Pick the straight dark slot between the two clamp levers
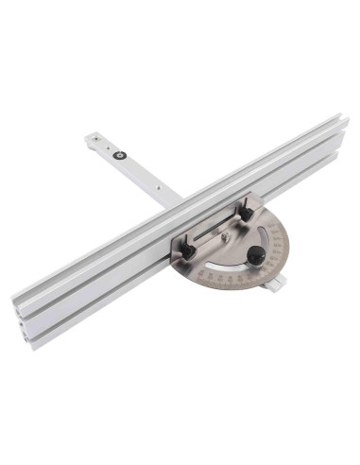click(216, 231)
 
